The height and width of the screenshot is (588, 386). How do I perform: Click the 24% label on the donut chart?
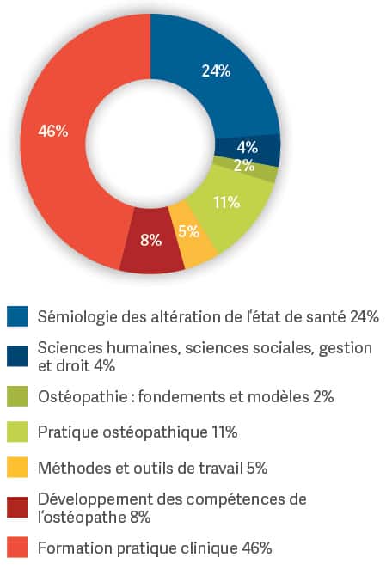pos(216,70)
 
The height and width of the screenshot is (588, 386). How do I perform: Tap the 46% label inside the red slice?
pos(53,132)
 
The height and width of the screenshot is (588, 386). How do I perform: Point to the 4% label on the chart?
pos(248,147)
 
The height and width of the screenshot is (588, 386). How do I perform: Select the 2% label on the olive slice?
pos(244,165)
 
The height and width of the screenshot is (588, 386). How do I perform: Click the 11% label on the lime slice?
pos(227,202)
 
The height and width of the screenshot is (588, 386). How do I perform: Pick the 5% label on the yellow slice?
pos(188,231)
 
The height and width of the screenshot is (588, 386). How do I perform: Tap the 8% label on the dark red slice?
pos(150,240)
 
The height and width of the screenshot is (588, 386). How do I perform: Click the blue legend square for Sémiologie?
pos(17,316)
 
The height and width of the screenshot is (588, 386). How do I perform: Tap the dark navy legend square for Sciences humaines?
pos(17,356)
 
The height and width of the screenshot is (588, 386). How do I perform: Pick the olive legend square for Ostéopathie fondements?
pos(17,396)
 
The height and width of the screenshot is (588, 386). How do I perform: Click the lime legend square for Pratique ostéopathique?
pos(17,432)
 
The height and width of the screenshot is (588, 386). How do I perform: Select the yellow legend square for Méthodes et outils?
pos(17,468)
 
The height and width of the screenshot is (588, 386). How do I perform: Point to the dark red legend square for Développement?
pos(17,507)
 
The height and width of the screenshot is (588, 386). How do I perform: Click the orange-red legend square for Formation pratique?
pos(17,548)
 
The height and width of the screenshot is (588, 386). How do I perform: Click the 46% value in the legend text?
pos(257,548)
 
